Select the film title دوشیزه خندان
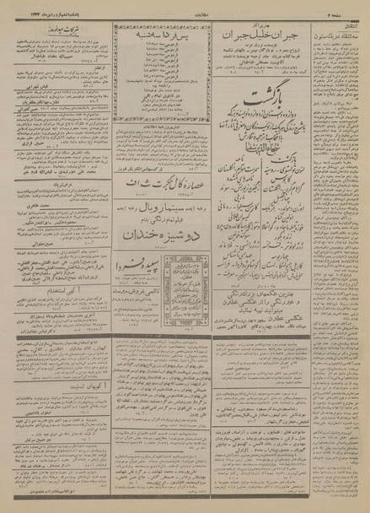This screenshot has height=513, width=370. point(156,236)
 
